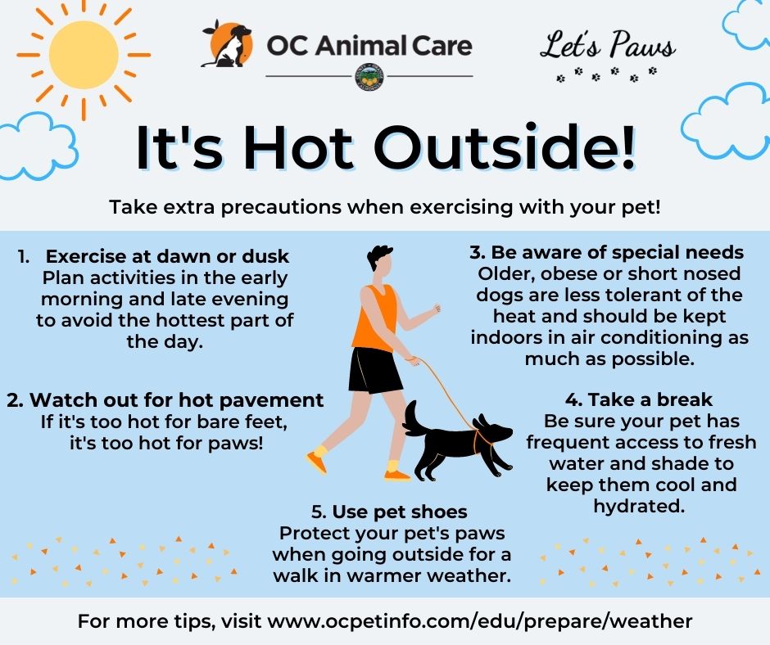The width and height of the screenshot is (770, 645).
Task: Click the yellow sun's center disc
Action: tap(84, 55)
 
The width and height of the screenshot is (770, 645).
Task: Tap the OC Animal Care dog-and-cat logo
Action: tap(228, 44)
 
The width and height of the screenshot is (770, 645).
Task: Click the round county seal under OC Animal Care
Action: tap(369, 77)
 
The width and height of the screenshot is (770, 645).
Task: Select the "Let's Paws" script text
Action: tap(608, 45)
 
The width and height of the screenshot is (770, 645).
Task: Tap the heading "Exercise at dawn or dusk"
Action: tap(167, 257)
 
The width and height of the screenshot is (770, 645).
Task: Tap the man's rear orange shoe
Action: tap(316, 462)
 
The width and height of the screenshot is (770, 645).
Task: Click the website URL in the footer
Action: tap(479, 621)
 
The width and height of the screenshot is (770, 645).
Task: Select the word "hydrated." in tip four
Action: tap(639, 506)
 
